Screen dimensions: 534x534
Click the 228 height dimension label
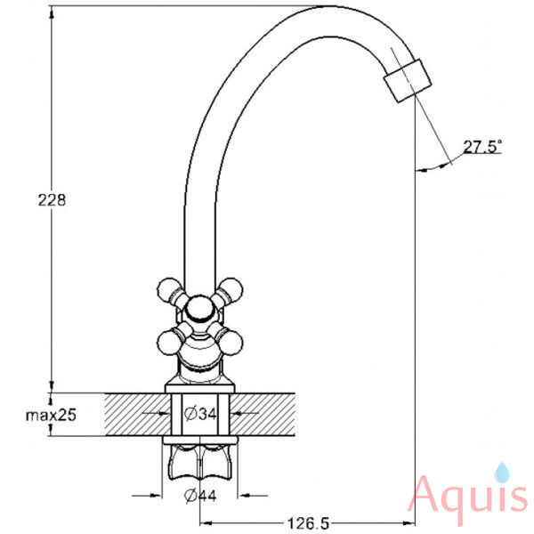(52, 200)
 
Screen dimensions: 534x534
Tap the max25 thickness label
(51, 415)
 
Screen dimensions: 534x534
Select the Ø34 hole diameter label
(200, 414)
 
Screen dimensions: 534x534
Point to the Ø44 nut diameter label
(200, 496)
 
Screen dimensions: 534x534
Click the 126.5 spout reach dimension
(309, 523)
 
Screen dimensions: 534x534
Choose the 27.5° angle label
(482, 147)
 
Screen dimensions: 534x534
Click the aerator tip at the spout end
(408, 81)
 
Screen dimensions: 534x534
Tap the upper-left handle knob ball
(168, 289)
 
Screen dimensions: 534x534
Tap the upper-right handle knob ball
(232, 289)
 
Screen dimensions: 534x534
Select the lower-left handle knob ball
(168, 343)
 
